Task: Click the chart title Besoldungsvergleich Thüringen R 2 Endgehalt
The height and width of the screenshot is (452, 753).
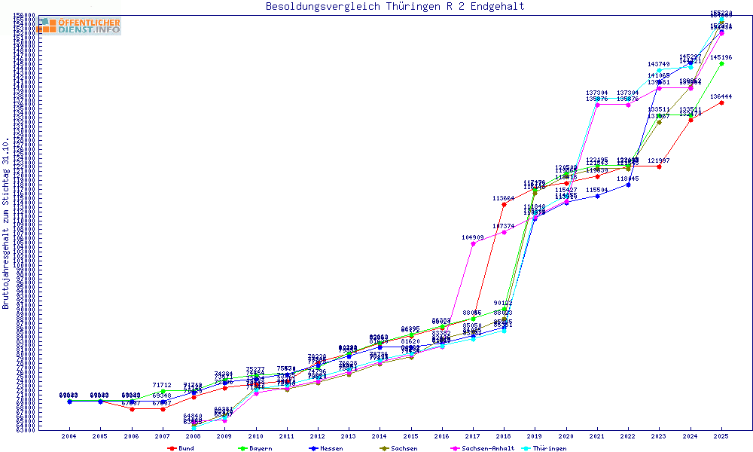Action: pyautogui.click(x=395, y=7)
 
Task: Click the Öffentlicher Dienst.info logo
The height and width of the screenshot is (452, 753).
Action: pyautogui.click(x=80, y=26)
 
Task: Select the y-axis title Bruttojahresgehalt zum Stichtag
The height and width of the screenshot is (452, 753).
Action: pyautogui.click(x=6, y=224)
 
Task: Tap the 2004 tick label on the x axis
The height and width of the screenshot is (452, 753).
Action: pyautogui.click(x=69, y=436)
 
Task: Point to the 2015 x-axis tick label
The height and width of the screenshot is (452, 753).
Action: pyautogui.click(x=410, y=436)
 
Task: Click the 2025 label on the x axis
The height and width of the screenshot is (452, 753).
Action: pyautogui.click(x=721, y=436)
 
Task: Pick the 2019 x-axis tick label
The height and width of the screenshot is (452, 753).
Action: pyautogui.click(x=535, y=436)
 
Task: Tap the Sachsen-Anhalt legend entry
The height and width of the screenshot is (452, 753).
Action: pyautogui.click(x=484, y=448)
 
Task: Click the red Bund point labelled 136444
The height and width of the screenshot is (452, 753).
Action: pyautogui.click(x=721, y=102)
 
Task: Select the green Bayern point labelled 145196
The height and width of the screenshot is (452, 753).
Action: pyautogui.click(x=721, y=64)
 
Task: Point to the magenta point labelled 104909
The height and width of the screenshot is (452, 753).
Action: pyautogui.click(x=473, y=243)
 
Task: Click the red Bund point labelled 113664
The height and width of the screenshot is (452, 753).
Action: pyautogui.click(x=504, y=204)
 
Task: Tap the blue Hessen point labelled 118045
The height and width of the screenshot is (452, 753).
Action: pyautogui.click(x=628, y=185)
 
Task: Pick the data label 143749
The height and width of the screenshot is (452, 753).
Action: pyautogui.click(x=659, y=64)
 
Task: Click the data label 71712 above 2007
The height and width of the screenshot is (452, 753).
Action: pyautogui.click(x=162, y=385)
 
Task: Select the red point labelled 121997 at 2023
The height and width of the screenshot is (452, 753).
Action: pyautogui.click(x=659, y=166)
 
